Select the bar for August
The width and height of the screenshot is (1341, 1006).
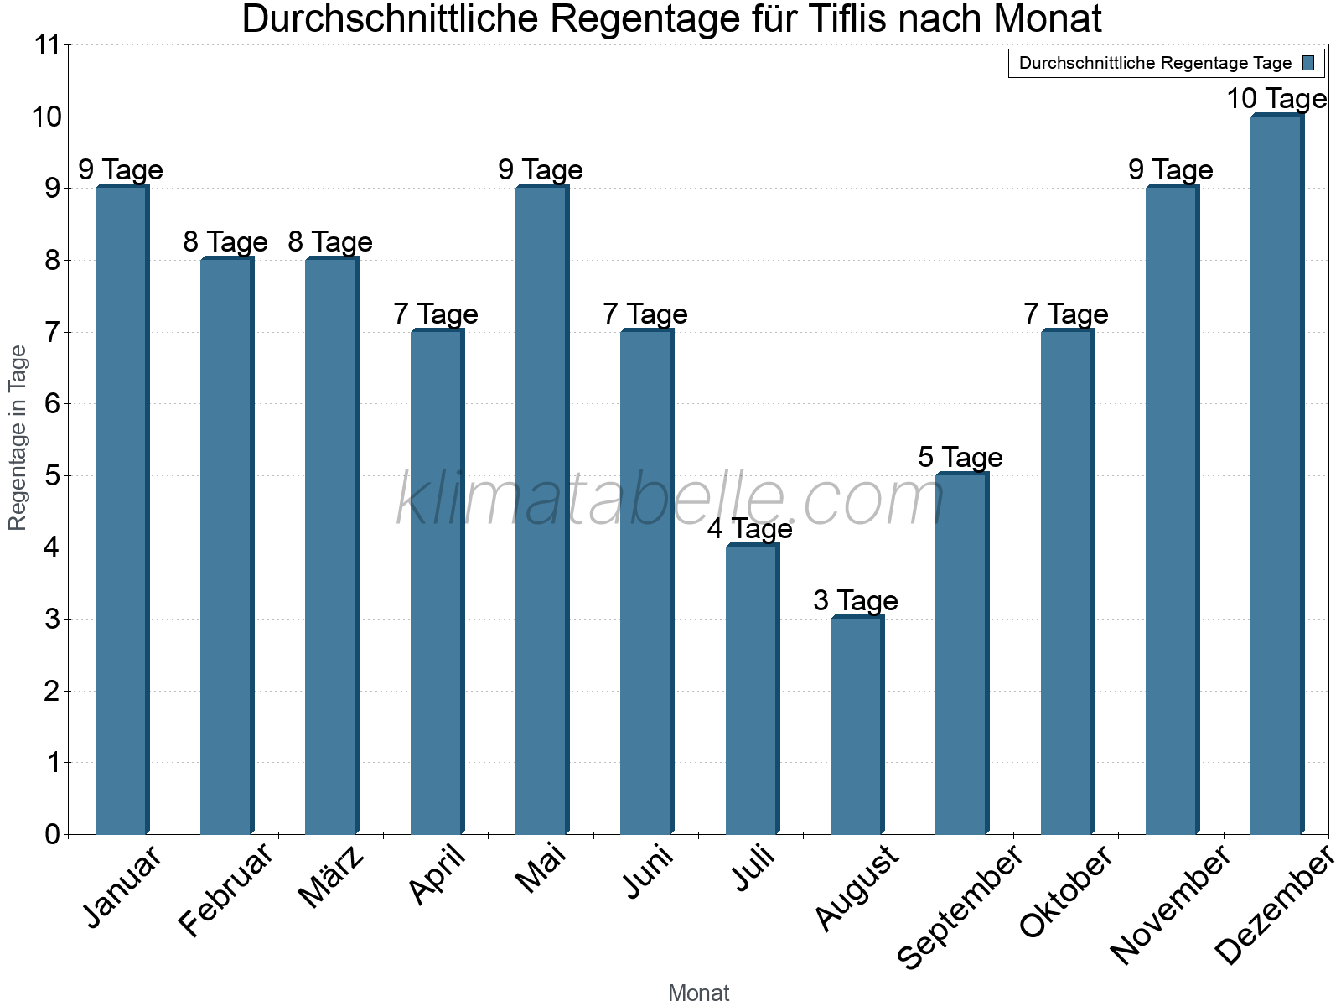point(857,725)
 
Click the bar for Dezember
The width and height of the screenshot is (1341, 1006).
point(1276,474)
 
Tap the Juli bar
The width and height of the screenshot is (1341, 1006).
point(752,689)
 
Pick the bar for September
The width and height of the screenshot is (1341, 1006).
point(961,654)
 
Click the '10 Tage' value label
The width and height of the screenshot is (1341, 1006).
point(1276,99)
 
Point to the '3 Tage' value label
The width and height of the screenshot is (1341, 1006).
point(856,600)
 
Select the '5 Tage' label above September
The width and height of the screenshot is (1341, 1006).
point(960,457)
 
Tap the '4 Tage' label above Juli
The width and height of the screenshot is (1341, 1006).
point(750,529)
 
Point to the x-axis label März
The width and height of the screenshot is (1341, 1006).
point(332,878)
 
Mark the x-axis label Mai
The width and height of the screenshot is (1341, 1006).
point(541,869)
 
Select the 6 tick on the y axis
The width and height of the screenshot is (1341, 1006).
point(53,404)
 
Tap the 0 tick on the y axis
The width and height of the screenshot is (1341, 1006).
point(53,834)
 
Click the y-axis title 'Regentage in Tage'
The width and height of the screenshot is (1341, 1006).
point(18,438)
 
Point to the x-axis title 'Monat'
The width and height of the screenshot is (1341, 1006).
point(698,993)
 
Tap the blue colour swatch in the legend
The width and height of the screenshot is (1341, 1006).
point(1308,63)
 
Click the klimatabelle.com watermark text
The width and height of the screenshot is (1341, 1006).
point(670,500)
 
